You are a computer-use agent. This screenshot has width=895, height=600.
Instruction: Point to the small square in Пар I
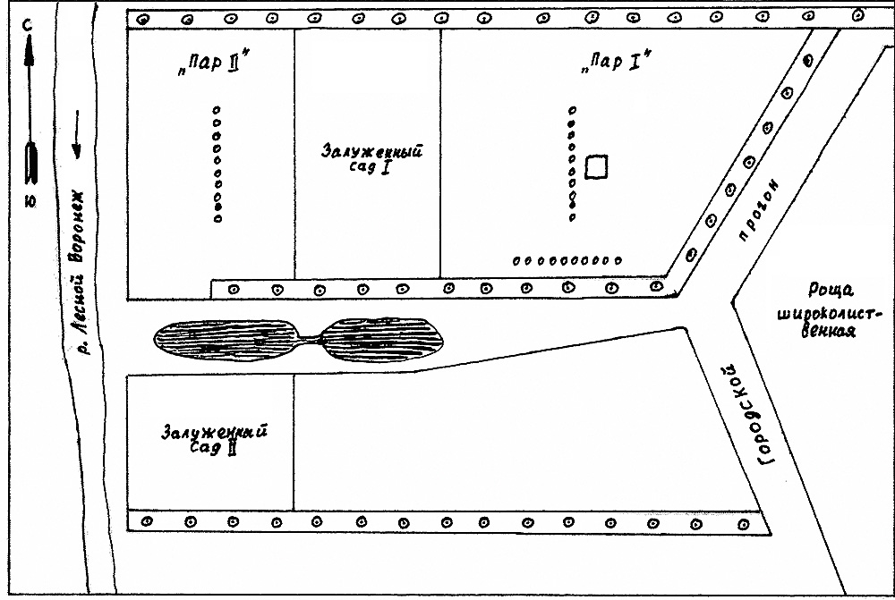pos(597,165)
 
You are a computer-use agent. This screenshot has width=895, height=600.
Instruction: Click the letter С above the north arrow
pos(29,26)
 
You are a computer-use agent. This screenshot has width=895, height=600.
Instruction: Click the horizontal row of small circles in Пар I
pos(567,260)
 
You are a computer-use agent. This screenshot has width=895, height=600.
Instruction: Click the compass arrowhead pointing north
pos(29,54)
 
